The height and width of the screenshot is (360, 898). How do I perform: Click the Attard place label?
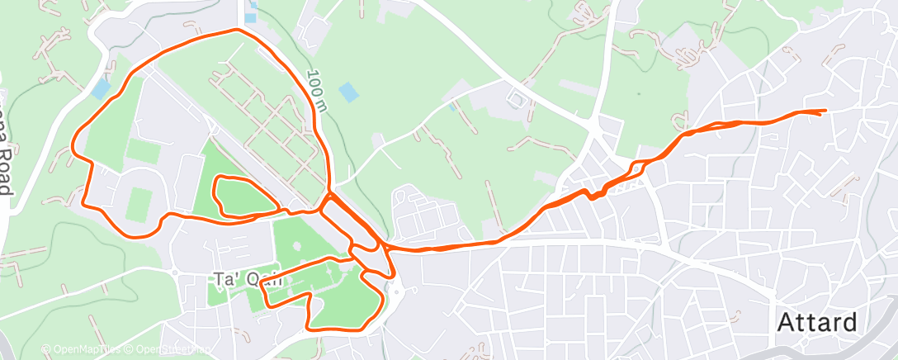[x=817, y=322]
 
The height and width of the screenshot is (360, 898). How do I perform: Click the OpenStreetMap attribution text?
[x=168, y=349]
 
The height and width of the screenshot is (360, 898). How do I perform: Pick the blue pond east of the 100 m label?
[x=349, y=91]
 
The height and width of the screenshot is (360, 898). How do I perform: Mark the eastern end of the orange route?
[x=825, y=111]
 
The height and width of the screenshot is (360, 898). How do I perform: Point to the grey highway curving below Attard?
[x=867, y=347]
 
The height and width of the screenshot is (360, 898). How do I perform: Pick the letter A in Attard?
[x=787, y=322]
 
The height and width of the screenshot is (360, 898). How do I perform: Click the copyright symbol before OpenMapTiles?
[x=46, y=349]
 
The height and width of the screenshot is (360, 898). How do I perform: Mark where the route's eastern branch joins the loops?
[x=383, y=245]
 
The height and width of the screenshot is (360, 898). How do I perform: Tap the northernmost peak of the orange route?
[x=238, y=30]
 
